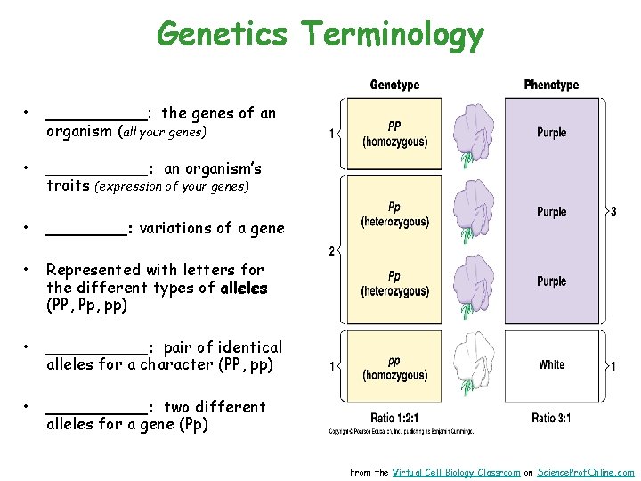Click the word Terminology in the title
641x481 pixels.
pyautogui.click(x=393, y=36)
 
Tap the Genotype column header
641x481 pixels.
pyautogui.click(x=394, y=86)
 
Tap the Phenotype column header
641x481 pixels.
pyautogui.click(x=551, y=86)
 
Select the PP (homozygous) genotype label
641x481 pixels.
pyautogui.click(x=394, y=135)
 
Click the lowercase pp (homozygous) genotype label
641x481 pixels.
pyautogui.click(x=394, y=368)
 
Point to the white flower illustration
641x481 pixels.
pyautogui.click(x=473, y=364)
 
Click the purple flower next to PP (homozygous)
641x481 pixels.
pyautogui.click(x=473, y=135)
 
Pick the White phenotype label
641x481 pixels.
pyautogui.click(x=551, y=364)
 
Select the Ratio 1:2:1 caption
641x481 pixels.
pyautogui.click(x=395, y=418)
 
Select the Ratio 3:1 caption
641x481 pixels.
pyautogui.click(x=551, y=418)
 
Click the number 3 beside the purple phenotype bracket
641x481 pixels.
pyautogui.click(x=613, y=212)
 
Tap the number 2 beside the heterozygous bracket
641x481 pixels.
pyautogui.click(x=332, y=251)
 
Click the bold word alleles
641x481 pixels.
pyautogui.click(x=243, y=288)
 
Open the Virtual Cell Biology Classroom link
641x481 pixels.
pyautogui.click(x=456, y=472)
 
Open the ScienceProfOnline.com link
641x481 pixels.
pyautogui.click(x=586, y=472)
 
